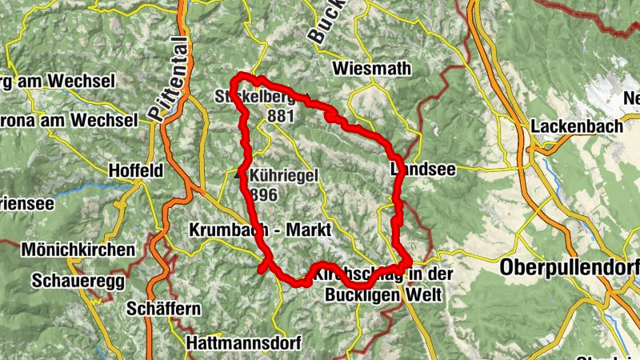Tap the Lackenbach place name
point(570,126)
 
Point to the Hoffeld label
point(137,170)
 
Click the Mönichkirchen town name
point(78,250)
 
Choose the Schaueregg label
point(70,281)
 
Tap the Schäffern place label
point(162,309)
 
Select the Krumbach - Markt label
point(260,230)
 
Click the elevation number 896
point(262,194)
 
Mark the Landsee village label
point(416,170)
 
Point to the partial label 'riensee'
point(26,203)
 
